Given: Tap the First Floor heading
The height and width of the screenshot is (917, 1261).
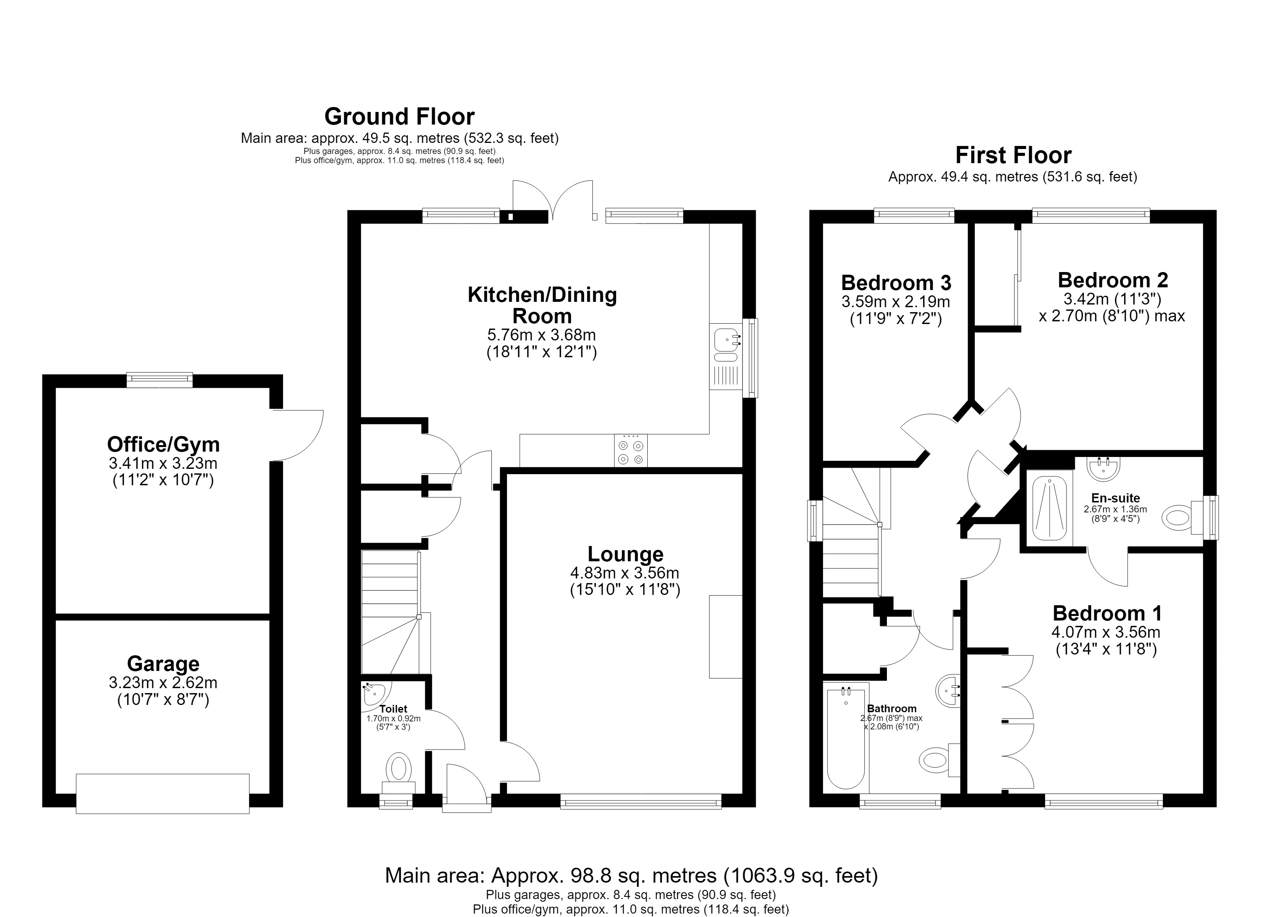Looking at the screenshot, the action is [1013, 155].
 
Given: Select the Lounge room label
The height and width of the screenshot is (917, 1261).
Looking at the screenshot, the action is [626, 554].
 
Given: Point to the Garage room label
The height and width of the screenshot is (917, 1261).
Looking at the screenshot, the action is [163, 663].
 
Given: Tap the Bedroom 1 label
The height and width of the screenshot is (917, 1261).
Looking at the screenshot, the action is [1107, 613].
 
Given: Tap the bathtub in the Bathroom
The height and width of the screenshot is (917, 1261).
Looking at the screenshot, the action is [845, 738].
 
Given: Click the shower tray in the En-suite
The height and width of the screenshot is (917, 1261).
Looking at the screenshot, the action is [1049, 508].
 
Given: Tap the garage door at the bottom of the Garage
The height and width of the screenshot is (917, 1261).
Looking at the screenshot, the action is [162, 794].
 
